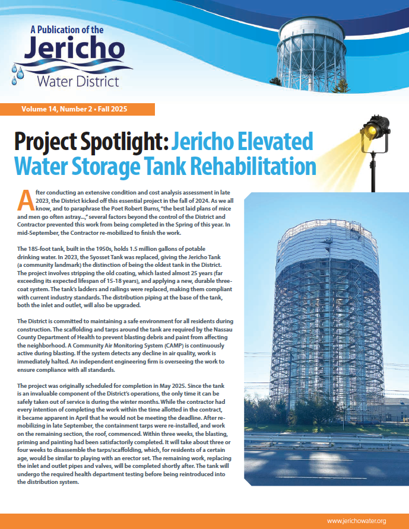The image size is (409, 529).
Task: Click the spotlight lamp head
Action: [375, 129]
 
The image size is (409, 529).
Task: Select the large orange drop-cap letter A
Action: [24, 200]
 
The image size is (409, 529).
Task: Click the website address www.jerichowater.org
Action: [356, 521]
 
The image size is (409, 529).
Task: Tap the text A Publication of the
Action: [66, 29]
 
